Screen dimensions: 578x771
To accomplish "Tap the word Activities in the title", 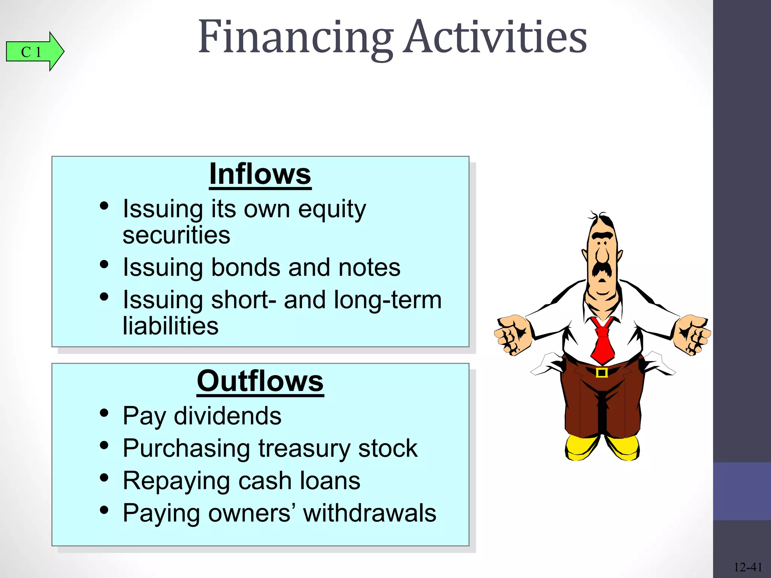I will point(495,38).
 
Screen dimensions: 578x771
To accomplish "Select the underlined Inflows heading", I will point(260,174).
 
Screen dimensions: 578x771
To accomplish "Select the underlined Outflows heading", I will point(260,381).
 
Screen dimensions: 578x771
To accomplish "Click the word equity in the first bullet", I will point(332,209).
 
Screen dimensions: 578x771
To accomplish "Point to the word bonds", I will point(246,268).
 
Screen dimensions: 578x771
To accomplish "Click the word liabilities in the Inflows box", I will point(171,326).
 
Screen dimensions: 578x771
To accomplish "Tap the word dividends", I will point(227,416).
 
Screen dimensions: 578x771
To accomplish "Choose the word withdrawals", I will point(370,513).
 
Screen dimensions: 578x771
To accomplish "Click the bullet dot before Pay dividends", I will point(104,413).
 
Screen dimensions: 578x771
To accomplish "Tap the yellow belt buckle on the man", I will point(602,373).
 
